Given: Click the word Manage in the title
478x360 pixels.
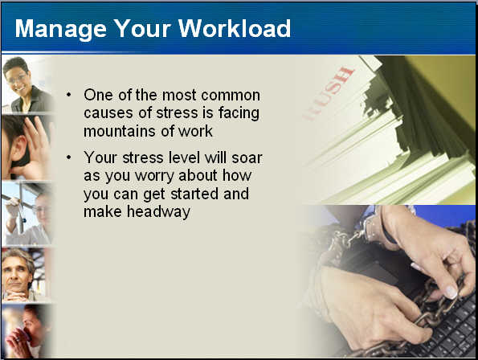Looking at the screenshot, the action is [x=61, y=30].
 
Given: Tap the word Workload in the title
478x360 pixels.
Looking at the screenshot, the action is [x=235, y=28].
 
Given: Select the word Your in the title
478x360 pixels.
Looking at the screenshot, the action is [x=142, y=28].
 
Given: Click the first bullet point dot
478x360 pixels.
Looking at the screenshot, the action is [x=69, y=95].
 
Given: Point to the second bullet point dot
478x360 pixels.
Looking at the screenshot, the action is [x=69, y=157].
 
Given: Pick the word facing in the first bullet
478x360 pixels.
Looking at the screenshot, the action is [x=239, y=113].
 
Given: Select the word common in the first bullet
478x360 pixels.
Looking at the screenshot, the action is [x=231, y=96].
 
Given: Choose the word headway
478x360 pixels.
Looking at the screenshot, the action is [x=158, y=212].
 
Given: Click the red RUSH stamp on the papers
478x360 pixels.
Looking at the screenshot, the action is [x=329, y=93].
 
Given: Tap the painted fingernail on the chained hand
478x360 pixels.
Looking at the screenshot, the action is [x=451, y=292].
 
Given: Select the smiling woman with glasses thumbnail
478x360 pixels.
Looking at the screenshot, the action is [x=27, y=84].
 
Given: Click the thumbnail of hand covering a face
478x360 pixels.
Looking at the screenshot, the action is [x=27, y=148].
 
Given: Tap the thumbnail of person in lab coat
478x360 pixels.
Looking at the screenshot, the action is [x=27, y=214].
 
